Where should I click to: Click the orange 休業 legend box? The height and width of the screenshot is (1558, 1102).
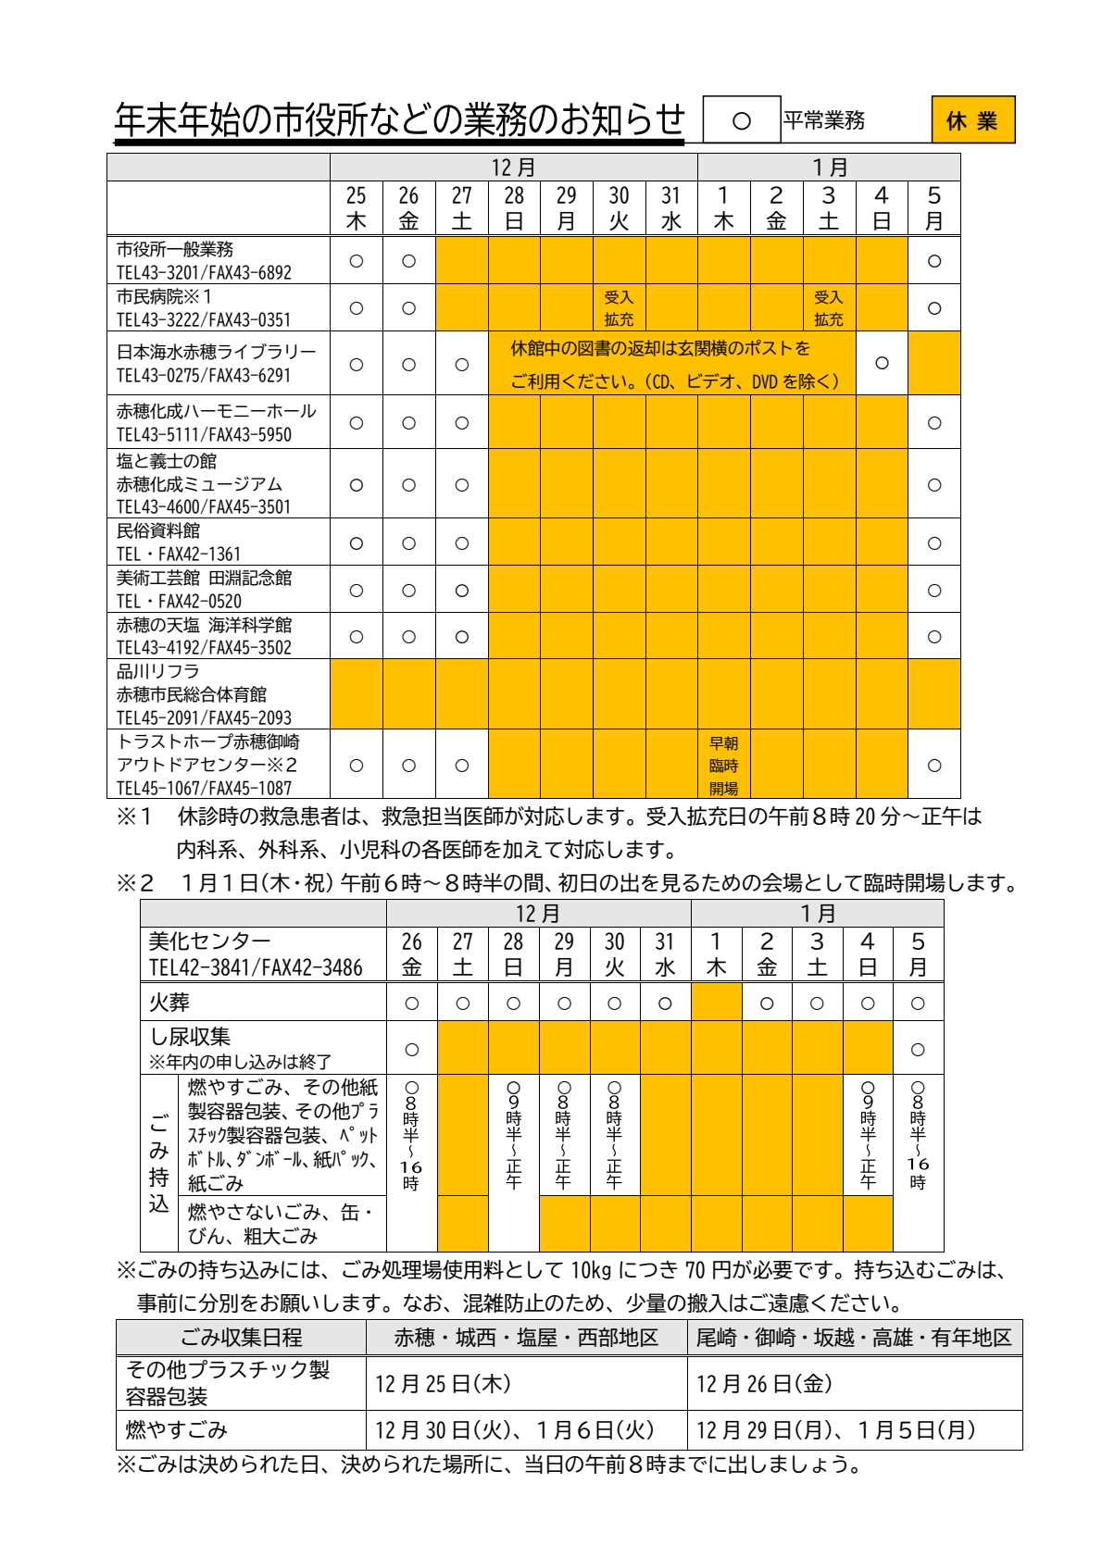[x=972, y=120]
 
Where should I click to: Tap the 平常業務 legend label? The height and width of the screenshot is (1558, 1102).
[x=824, y=120]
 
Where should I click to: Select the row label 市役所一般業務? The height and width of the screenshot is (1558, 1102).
[x=175, y=250]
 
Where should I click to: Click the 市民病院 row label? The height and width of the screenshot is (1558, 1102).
[x=164, y=297]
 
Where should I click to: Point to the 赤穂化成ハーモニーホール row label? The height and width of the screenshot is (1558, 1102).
[x=216, y=411]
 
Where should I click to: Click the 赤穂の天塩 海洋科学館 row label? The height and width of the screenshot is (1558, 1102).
[x=204, y=625]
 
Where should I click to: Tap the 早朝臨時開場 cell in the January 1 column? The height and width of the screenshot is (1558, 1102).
[x=723, y=765]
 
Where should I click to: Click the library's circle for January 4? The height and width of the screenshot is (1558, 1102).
[x=882, y=363]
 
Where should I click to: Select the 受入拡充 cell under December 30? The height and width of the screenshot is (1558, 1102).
[x=619, y=307]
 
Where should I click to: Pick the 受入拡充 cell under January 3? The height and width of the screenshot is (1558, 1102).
[x=828, y=307]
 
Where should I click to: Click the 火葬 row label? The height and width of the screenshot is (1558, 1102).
[x=169, y=1002]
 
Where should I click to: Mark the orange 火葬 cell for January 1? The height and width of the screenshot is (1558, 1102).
[x=716, y=1002]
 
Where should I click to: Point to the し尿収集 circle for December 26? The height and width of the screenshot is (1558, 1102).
[x=412, y=1049]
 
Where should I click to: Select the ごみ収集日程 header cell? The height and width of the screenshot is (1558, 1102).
[x=241, y=1338]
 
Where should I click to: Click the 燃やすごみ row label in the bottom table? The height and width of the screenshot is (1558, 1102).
[x=177, y=1430]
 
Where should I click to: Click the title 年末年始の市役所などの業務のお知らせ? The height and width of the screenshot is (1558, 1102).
[x=399, y=120]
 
